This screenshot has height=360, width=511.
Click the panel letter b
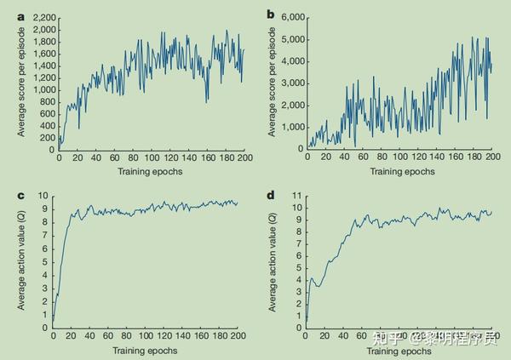click(x=271, y=14)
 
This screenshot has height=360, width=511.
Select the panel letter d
click(x=271, y=196)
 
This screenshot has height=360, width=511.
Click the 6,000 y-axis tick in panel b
click(x=290, y=18)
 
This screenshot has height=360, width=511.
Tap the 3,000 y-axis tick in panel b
click(x=290, y=83)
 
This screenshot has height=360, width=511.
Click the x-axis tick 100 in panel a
click(x=152, y=157)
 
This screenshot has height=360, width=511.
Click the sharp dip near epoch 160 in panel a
click(x=207, y=101)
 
